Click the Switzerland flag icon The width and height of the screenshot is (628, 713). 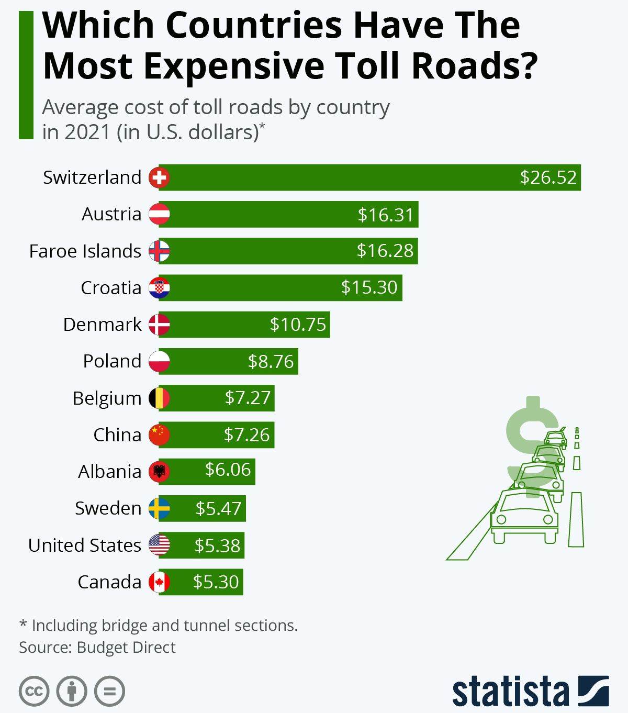pyautogui.click(x=159, y=177)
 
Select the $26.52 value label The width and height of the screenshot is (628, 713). pyautogui.click(x=548, y=177)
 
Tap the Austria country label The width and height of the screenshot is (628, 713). pyautogui.click(x=111, y=214)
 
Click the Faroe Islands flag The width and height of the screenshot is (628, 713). pyautogui.click(x=159, y=251)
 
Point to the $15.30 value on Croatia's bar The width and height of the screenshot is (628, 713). pyautogui.click(x=369, y=287)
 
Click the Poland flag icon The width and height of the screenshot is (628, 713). pyautogui.click(x=159, y=361)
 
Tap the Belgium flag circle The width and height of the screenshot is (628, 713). pyautogui.click(x=159, y=398)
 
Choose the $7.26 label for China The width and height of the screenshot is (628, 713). pyautogui.click(x=246, y=435)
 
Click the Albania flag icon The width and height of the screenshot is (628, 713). pyautogui.click(x=159, y=472)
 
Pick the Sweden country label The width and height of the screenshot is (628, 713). pyautogui.click(x=108, y=508)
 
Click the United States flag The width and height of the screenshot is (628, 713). pyautogui.click(x=159, y=545)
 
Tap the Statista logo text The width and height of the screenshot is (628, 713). pyautogui.click(x=510, y=692)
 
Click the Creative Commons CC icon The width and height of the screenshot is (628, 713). pyautogui.click(x=34, y=691)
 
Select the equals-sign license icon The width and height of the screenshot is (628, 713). pyautogui.click(x=110, y=691)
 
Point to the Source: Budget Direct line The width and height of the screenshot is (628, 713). pyautogui.click(x=97, y=648)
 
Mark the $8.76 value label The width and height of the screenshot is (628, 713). pyautogui.click(x=271, y=361)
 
